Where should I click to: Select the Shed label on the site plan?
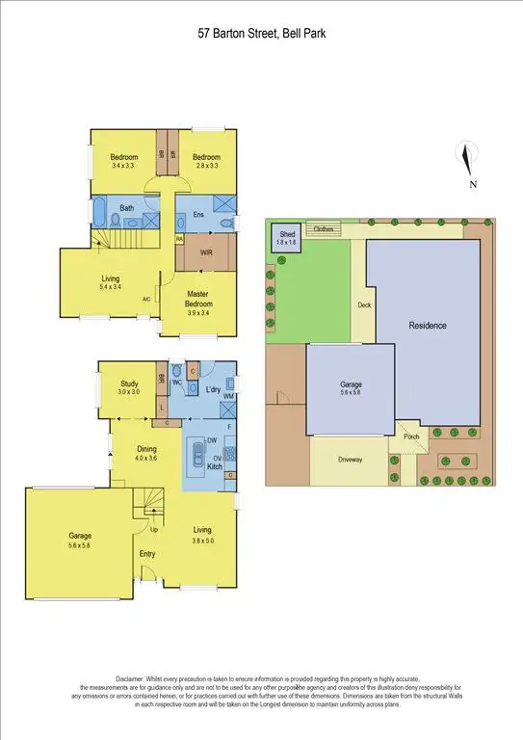click(287, 234)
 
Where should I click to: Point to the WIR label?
click(206, 252)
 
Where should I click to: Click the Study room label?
click(129, 383)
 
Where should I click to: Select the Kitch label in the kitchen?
click(214, 465)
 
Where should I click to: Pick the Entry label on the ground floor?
click(147, 553)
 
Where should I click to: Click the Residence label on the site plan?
click(427, 326)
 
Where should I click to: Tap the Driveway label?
click(351, 460)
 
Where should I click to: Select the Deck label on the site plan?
click(363, 305)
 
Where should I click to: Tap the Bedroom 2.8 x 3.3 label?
click(205, 158)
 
